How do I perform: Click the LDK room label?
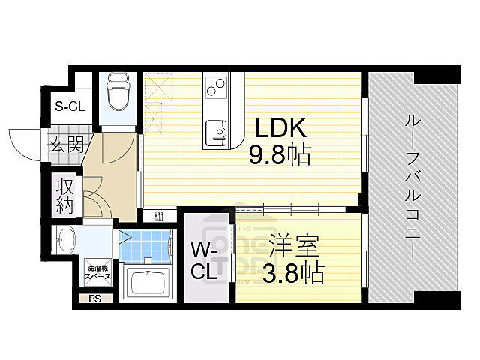click(279, 126)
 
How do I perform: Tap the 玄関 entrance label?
click(67, 145)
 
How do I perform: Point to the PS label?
click(94, 298)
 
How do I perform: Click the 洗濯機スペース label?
click(97, 273)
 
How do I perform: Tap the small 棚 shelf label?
click(159, 217)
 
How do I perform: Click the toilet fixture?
click(118, 91)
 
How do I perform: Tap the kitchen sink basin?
click(217, 130)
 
